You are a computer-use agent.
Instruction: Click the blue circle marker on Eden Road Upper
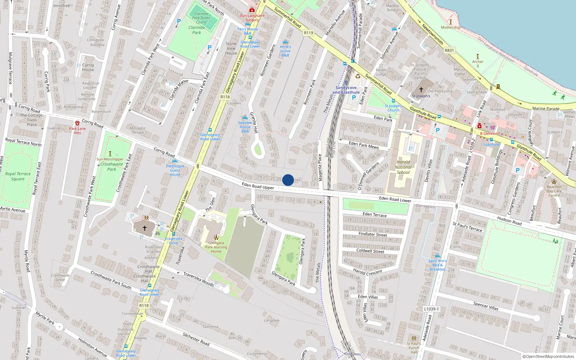[x=288, y=180]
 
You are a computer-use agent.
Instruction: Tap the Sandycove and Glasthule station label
[x=346, y=90]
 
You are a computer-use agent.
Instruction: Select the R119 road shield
[x=309, y=33]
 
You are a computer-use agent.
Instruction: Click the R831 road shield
[x=449, y=50]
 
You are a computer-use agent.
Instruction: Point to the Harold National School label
[x=403, y=167]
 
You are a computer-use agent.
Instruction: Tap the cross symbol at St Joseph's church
[x=421, y=90]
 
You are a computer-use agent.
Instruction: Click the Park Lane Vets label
[x=77, y=131]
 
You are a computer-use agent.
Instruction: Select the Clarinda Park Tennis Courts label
[x=201, y=18]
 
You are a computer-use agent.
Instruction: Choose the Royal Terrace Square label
[x=18, y=176]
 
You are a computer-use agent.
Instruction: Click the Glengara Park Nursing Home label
[x=216, y=247]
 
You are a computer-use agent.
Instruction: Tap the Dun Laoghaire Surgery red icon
[x=252, y=10]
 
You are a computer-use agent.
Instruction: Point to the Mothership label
[x=451, y=27]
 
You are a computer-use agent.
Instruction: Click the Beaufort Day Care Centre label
[x=554, y=191]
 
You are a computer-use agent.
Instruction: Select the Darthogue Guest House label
[x=175, y=170]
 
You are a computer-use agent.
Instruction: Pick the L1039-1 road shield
[x=431, y=309]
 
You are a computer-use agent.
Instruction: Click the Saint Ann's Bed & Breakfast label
[x=437, y=265]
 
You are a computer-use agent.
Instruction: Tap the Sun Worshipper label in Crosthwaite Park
[x=110, y=159]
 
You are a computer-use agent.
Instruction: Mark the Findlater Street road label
[x=373, y=234]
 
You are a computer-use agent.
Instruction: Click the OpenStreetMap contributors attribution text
[x=548, y=357]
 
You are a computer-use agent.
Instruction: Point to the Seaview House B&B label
[x=245, y=127]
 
